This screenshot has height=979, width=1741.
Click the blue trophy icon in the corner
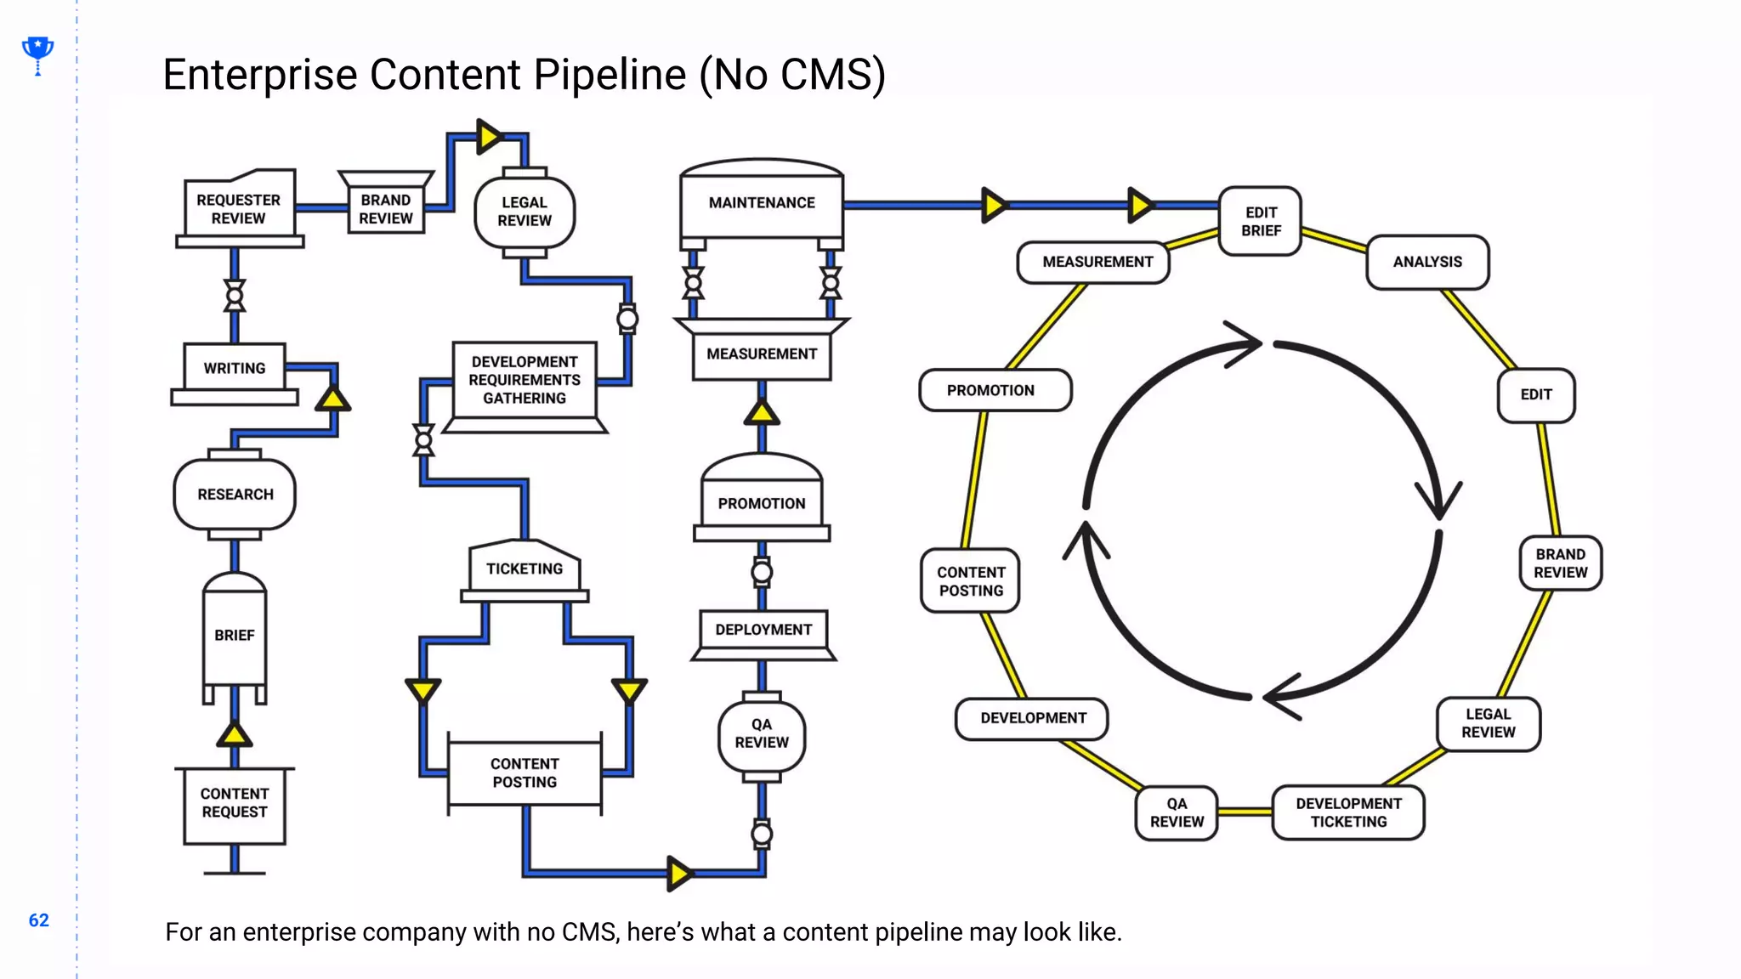point(37,53)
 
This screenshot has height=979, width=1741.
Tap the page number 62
point(39,920)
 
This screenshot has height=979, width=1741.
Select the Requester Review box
point(239,209)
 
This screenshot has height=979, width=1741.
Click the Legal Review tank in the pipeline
point(525,212)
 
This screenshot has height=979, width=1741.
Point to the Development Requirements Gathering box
point(525,380)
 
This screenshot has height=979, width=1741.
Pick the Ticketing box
point(525,569)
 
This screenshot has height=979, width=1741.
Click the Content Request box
point(235,803)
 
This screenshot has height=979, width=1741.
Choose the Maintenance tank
point(762,202)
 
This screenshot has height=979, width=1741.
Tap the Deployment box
point(763,630)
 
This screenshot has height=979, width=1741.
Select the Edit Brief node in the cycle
point(1261,222)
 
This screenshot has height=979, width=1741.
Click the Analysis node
point(1427,262)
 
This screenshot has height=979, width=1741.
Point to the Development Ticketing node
point(1348,812)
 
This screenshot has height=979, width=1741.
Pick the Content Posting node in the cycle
point(971,581)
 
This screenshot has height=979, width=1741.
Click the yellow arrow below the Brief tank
point(234,734)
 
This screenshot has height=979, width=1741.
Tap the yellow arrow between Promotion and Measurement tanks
point(762,413)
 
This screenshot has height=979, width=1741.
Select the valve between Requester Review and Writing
point(235,295)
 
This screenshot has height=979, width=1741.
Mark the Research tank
point(235,495)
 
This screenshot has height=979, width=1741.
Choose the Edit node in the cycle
point(1536,394)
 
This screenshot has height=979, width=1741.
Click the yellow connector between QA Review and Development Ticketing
point(1245,812)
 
